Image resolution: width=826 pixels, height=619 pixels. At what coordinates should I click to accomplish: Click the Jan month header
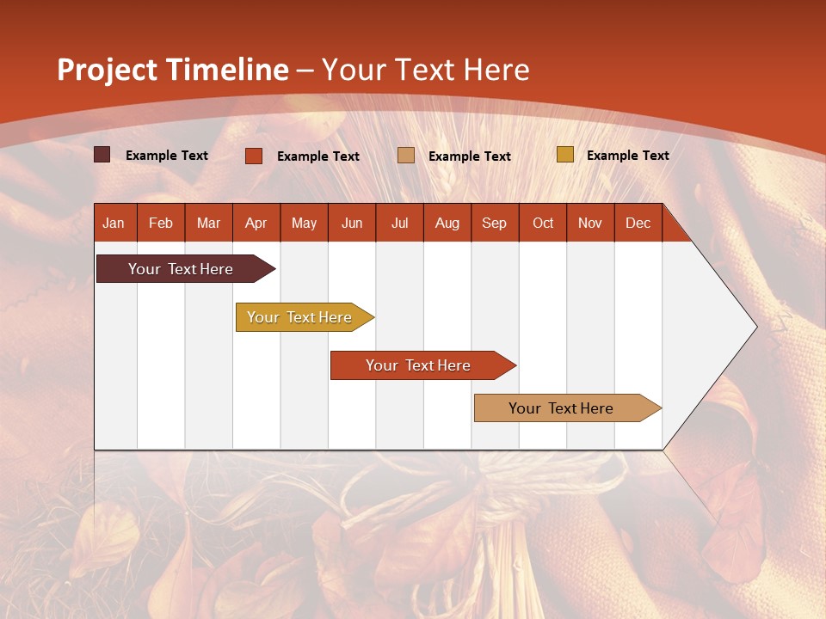(114, 223)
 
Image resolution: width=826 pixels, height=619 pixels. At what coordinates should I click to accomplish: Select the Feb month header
(161, 223)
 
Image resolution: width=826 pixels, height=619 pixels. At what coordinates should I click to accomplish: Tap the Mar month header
(208, 223)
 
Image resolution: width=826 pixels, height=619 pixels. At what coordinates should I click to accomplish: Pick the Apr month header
(256, 223)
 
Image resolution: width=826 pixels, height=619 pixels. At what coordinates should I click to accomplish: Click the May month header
(304, 223)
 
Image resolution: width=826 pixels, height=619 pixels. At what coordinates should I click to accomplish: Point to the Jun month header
(352, 223)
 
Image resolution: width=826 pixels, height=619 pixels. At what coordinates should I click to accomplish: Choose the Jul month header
(399, 223)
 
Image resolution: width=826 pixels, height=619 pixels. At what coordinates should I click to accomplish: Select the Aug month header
(447, 223)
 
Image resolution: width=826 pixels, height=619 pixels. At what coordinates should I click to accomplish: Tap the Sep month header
(495, 223)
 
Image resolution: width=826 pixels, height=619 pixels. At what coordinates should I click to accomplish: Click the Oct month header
(543, 223)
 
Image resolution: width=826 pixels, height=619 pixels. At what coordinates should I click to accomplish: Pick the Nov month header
(590, 223)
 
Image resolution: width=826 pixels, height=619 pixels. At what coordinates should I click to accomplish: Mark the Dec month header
(638, 223)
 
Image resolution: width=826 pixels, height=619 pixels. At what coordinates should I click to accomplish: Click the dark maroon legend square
(102, 155)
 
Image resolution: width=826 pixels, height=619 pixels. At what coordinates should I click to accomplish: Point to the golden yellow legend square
(564, 155)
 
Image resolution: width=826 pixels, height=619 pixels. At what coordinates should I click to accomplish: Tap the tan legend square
(406, 156)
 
